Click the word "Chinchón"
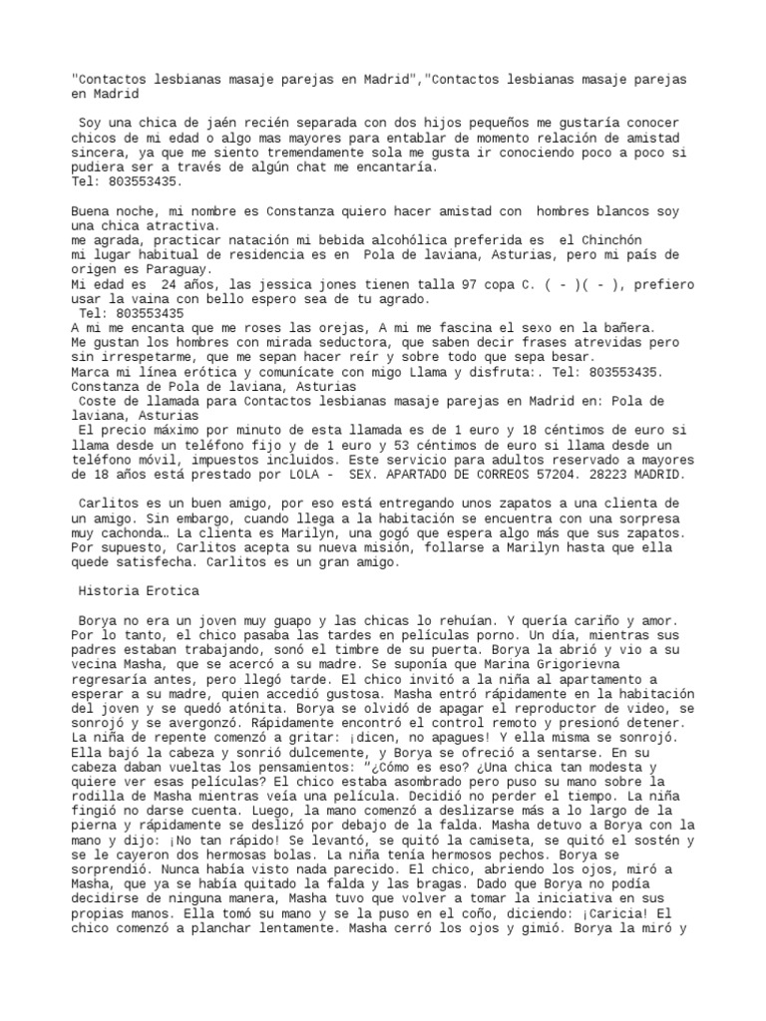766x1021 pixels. (601, 240)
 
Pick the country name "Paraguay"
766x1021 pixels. (175, 269)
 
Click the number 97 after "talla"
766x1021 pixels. (469, 284)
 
